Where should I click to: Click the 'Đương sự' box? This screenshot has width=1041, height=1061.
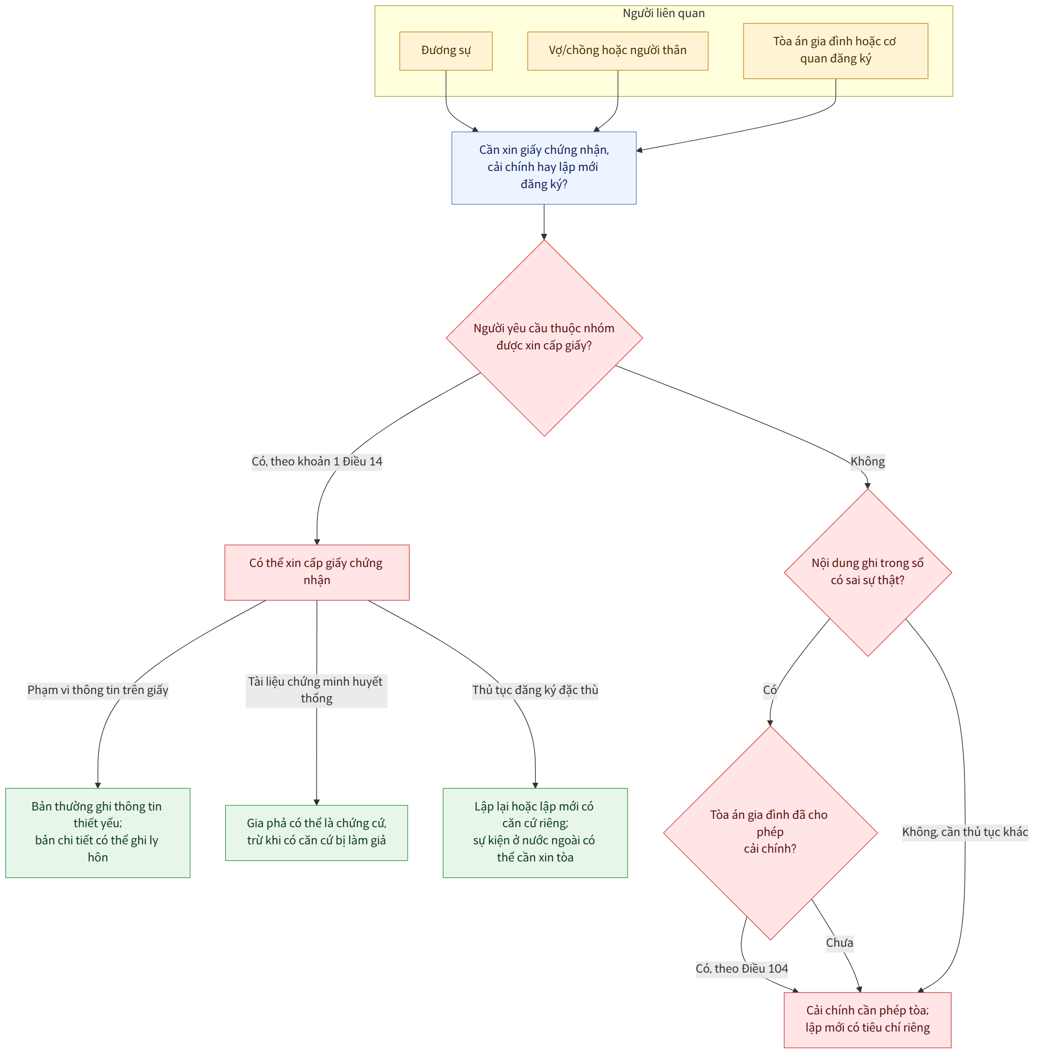click(x=446, y=51)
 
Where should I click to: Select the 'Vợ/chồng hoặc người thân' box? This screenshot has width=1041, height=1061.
click(x=617, y=51)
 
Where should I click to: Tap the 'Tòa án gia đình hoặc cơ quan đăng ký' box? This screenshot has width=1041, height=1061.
click(x=835, y=51)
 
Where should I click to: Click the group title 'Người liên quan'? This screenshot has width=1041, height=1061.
click(x=663, y=13)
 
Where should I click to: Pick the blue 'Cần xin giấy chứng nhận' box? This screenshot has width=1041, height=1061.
click(x=543, y=168)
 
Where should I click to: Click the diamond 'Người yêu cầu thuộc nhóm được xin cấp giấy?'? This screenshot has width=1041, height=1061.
click(x=544, y=338)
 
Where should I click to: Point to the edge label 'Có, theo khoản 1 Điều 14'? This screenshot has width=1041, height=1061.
click(x=317, y=461)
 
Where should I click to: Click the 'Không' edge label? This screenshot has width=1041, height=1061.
click(x=867, y=461)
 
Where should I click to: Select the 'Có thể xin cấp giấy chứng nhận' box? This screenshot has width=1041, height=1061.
click(x=317, y=572)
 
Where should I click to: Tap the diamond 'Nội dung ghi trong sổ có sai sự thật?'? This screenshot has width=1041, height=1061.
click(x=868, y=572)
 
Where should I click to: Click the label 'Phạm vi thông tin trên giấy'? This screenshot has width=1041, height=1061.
click(x=98, y=690)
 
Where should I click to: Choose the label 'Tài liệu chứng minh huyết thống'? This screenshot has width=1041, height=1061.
click(x=316, y=690)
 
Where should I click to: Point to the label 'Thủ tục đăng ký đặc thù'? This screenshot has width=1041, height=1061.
click(x=535, y=690)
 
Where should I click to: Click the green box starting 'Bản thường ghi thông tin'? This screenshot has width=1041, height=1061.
click(x=98, y=832)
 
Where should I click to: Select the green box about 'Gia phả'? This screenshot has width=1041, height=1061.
click(x=317, y=832)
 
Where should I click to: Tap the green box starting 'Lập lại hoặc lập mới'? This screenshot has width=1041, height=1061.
click(x=535, y=832)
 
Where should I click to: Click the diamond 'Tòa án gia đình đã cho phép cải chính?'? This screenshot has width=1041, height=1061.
click(x=770, y=833)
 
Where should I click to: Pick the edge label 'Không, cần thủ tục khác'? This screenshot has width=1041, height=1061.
click(x=965, y=832)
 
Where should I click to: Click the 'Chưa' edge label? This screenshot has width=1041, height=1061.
click(x=839, y=943)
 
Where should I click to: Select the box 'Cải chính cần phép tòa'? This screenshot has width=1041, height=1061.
click(x=868, y=1020)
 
